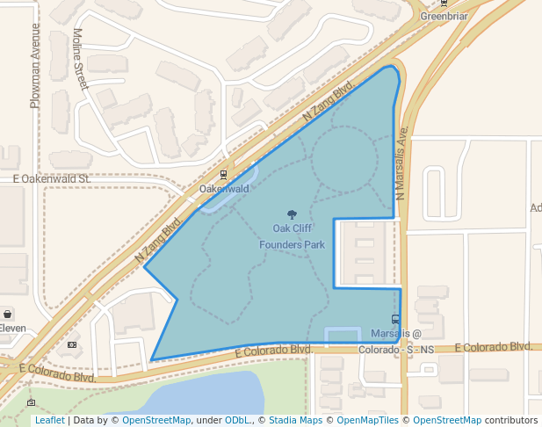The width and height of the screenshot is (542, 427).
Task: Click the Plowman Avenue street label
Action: (35, 66)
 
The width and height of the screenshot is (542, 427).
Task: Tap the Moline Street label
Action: (80, 58)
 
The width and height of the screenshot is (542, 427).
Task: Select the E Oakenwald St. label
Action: (52, 178)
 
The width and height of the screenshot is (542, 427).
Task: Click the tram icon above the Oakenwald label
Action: (223, 175)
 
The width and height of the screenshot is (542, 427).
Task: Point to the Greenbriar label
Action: (444, 16)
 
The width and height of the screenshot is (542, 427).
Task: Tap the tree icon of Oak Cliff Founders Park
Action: (292, 214)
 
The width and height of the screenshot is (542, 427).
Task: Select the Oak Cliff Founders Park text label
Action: (292, 236)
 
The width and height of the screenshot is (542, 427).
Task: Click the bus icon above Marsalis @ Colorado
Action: (395, 320)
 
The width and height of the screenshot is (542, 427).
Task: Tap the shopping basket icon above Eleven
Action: (8, 314)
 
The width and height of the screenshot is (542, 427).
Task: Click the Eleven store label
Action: (12, 329)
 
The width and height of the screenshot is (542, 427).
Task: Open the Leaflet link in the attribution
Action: (50, 420)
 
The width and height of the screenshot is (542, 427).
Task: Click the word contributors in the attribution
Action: (510, 420)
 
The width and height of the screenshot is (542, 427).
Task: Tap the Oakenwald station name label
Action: (224, 189)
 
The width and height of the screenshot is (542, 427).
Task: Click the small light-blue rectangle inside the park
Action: (343, 335)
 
